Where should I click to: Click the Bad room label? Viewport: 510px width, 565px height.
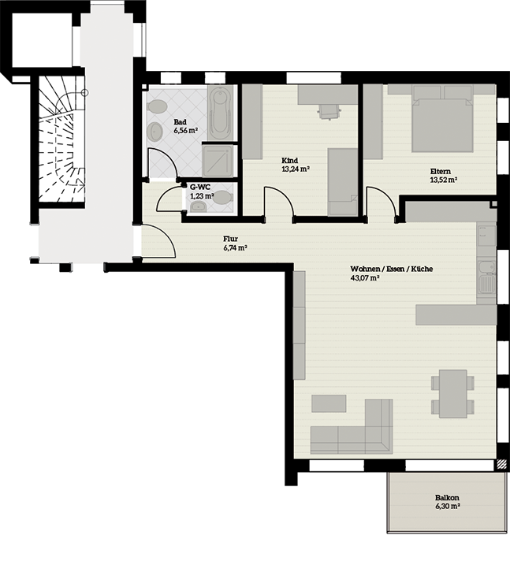pyautogui.click(x=180, y=122)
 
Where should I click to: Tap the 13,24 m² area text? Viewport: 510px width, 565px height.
pyautogui.click(x=296, y=169)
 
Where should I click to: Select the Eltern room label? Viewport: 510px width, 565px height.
pyautogui.click(x=441, y=172)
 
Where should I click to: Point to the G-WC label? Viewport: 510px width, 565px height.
pyautogui.click(x=200, y=188)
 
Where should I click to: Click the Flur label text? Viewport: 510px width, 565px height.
pyautogui.click(x=230, y=239)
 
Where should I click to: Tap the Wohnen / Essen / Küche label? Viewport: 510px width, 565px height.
pyautogui.click(x=392, y=269)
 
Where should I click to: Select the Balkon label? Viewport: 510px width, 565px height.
pyautogui.click(x=447, y=497)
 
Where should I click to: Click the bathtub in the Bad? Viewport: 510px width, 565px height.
pyautogui.click(x=221, y=113)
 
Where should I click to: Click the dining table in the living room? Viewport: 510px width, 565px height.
pyautogui.click(x=453, y=394)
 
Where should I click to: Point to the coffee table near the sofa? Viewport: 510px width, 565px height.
pyautogui.click(x=329, y=403)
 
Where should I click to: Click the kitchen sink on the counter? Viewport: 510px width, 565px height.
pyautogui.click(x=487, y=277)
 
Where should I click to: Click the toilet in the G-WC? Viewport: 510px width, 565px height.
pyautogui.click(x=224, y=197)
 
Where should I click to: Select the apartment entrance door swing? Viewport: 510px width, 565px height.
pyautogui.click(x=158, y=240)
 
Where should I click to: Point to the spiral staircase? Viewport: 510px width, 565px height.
pyautogui.click(x=62, y=139)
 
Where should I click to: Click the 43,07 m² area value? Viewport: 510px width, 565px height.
pyautogui.click(x=364, y=278)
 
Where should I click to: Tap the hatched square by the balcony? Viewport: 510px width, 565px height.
pyautogui.click(x=501, y=464)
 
